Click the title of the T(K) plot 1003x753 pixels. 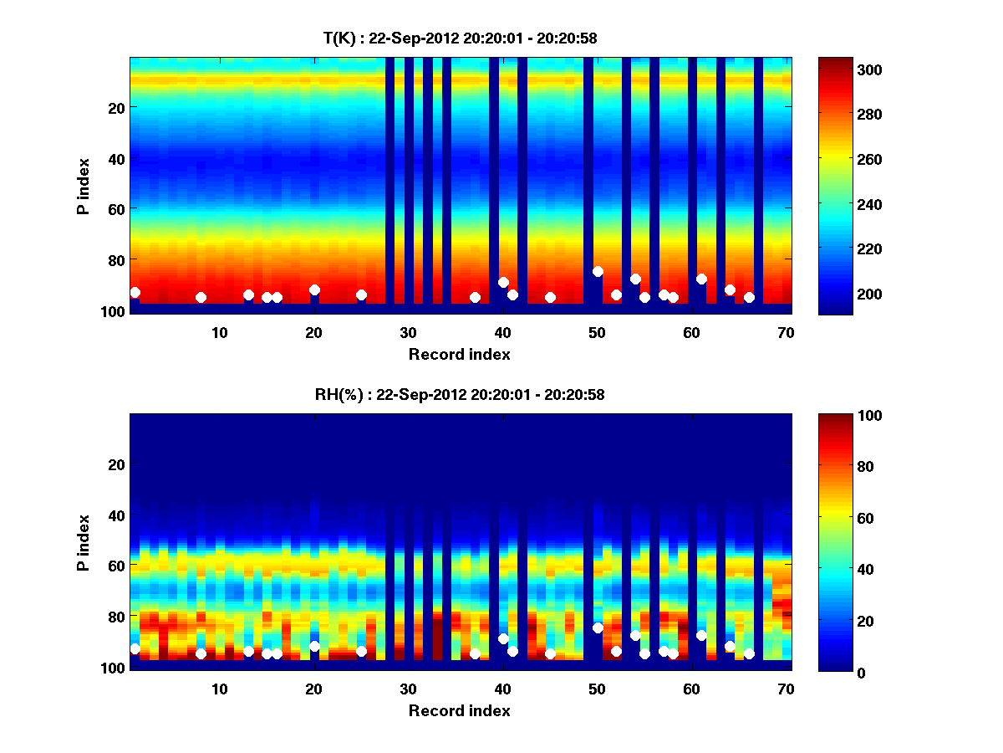click(x=460, y=38)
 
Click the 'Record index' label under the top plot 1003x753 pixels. click(x=460, y=354)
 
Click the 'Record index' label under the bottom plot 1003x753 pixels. click(x=460, y=710)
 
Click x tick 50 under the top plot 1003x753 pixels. click(x=597, y=332)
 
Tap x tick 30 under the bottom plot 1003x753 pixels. click(x=408, y=689)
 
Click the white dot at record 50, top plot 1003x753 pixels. click(x=598, y=271)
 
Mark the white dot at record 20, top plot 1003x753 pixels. click(x=314, y=289)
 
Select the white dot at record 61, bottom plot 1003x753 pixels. click(x=701, y=635)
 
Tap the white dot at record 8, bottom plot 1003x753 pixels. click(x=201, y=653)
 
